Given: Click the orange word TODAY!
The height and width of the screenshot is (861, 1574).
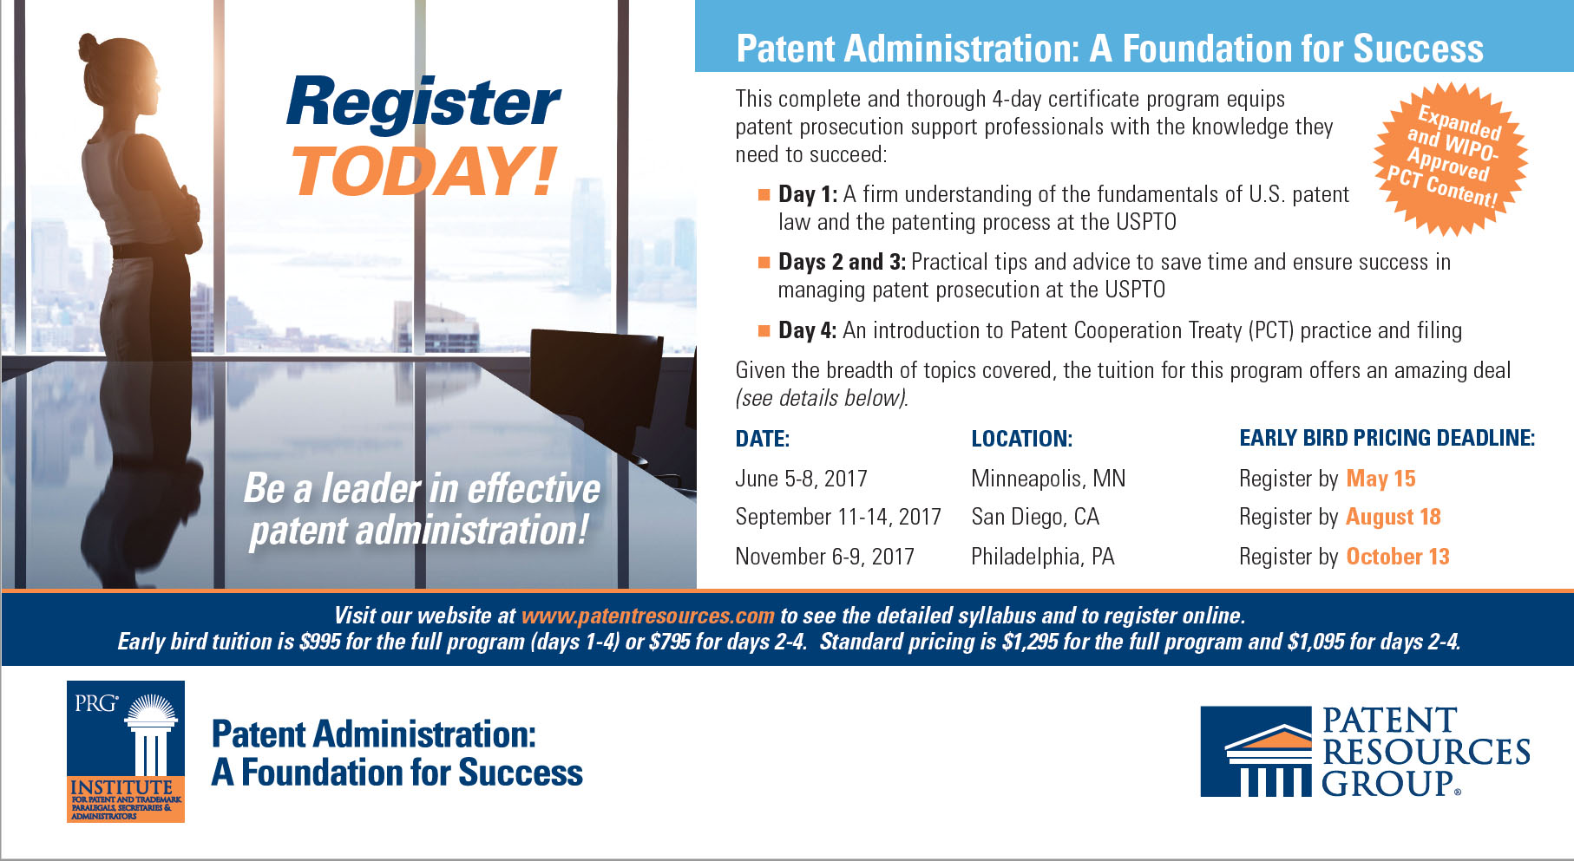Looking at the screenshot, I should point(424,172).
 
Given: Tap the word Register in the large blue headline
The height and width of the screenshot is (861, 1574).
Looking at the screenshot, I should point(423,103).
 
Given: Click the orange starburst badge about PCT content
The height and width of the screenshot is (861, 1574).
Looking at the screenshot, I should point(1450,159).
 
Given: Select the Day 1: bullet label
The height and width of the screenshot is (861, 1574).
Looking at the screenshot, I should point(807,194).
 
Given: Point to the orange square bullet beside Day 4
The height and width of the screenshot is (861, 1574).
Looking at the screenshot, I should point(764,330).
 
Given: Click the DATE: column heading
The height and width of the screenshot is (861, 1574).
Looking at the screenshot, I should point(762,439).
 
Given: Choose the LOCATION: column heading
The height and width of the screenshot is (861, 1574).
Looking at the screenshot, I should point(1021,439).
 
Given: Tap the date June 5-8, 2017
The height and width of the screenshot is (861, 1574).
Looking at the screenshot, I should point(801,479).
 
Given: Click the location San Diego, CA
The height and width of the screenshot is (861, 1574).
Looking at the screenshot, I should point(1035,518).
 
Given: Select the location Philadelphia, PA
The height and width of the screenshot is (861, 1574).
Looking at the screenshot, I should point(1042,557).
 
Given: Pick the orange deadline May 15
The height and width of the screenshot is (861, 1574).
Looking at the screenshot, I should point(1381,479).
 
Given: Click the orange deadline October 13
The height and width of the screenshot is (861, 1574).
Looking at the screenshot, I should point(1397,557).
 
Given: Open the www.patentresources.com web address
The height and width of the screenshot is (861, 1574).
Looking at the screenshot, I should point(647,616).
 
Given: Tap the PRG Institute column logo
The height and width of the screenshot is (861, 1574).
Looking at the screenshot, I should point(126,751).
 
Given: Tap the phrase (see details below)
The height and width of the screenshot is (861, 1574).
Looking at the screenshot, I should point(821,399).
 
